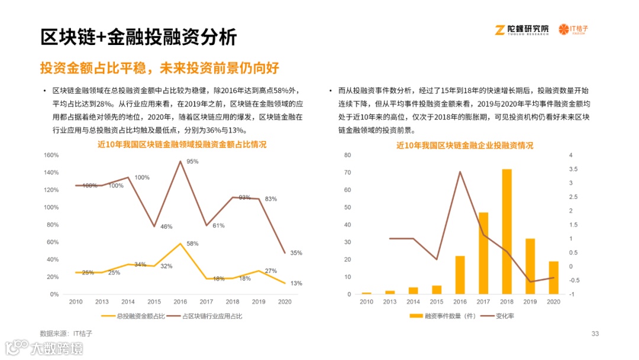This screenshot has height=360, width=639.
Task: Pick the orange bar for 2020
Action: pos(554,278)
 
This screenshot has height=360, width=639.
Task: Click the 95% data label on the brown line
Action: pos(192,162)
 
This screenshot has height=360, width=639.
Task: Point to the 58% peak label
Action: pos(192,244)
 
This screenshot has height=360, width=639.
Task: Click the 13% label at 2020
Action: pos(296,283)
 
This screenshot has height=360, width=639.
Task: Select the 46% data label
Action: pos(166,227)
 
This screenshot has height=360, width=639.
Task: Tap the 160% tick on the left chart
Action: pos(51,155)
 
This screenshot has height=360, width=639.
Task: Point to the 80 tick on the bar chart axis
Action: pos(348,155)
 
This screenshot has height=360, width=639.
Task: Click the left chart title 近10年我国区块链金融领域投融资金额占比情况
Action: pos(182,144)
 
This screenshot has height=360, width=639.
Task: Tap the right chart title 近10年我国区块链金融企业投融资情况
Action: pos(464,144)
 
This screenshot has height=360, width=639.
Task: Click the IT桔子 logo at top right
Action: pos(577,30)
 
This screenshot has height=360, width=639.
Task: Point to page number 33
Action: pos(595,334)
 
